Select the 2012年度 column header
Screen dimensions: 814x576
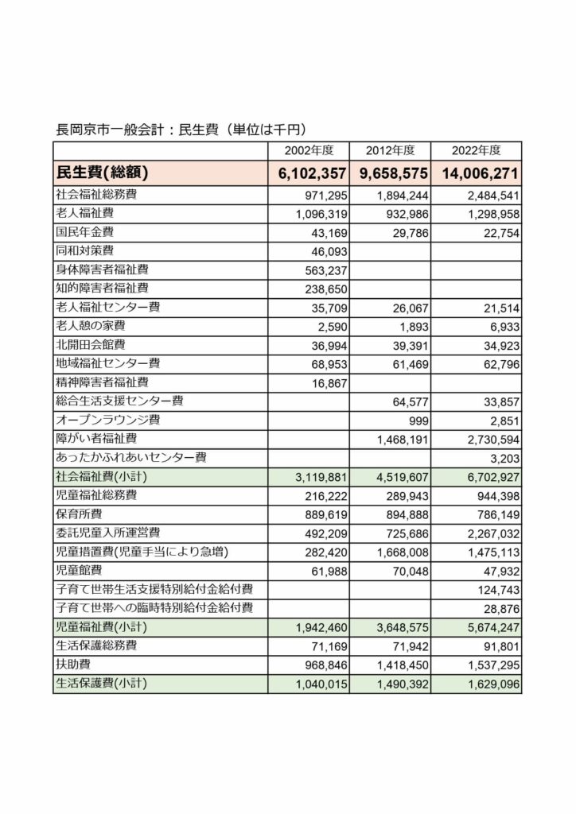click(390, 150)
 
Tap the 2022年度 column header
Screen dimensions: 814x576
click(475, 150)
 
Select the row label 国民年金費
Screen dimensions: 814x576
click(85, 232)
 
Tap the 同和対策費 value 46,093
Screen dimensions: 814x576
click(325, 250)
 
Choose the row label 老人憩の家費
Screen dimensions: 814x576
click(91, 326)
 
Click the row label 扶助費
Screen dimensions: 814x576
click(74, 665)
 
